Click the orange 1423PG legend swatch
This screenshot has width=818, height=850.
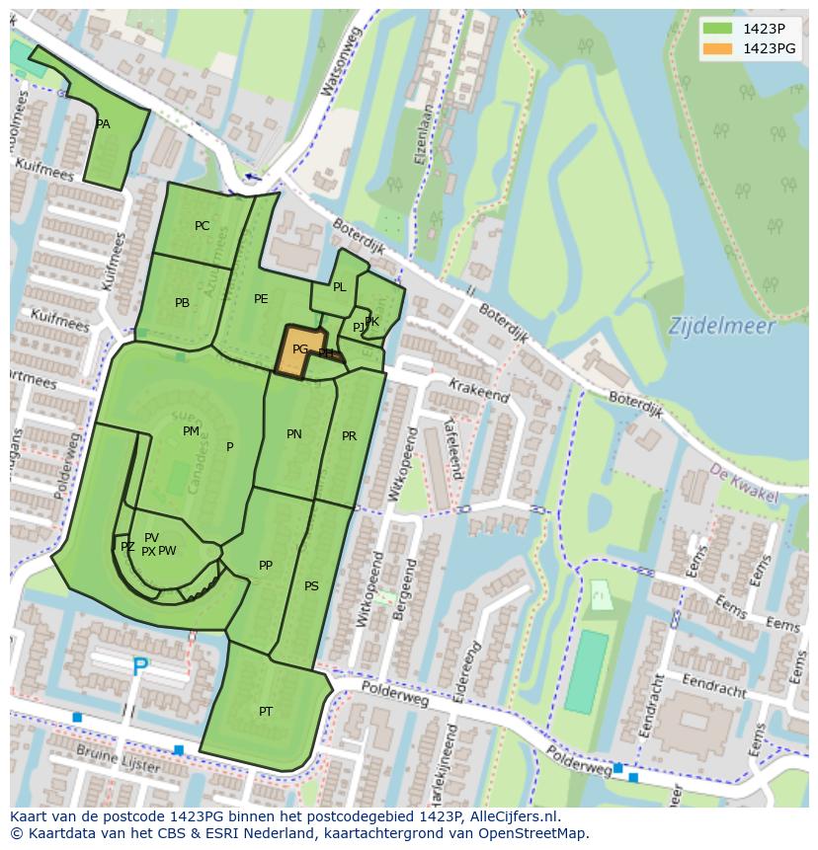point(718,48)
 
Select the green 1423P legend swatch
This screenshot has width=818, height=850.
point(718,29)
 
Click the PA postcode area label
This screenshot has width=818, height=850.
point(103,124)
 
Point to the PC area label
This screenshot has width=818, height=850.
point(202,226)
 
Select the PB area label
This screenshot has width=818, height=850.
point(182,303)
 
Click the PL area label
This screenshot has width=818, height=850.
point(339,287)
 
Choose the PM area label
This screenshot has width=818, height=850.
point(191,431)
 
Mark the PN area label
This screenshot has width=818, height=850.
point(293,434)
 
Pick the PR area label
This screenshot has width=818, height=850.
point(349,436)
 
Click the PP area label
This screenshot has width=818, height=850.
point(265,566)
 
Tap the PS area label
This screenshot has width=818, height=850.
point(311,586)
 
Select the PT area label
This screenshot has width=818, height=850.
point(265,712)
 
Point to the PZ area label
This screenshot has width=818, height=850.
point(127,547)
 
